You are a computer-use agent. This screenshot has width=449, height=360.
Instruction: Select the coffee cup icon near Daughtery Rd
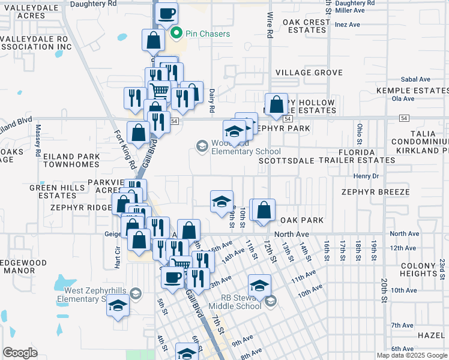click(x=166, y=13)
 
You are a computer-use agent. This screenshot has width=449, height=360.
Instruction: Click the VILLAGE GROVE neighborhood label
click(x=309, y=73)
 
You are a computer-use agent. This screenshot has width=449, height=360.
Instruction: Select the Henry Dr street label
click(x=366, y=176)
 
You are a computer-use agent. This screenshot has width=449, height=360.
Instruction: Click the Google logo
click(x=20, y=352)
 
